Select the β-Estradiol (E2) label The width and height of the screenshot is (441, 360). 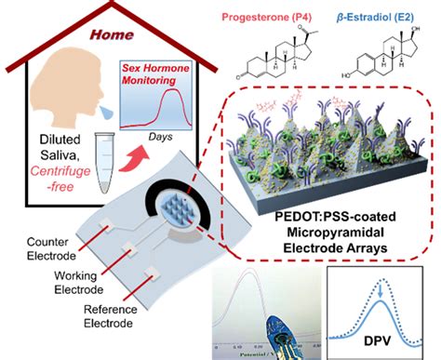[x=381, y=14]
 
